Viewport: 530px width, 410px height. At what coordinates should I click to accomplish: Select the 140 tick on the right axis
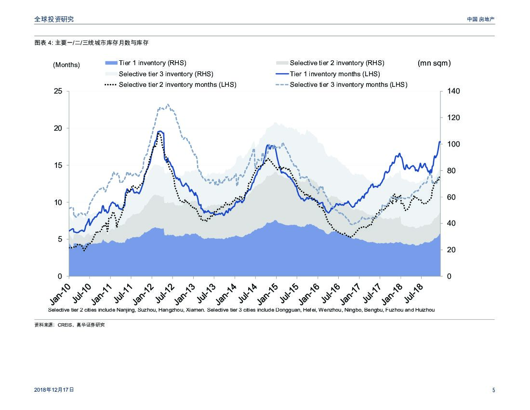[453, 91]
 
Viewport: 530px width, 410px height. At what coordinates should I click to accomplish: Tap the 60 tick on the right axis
[451, 197]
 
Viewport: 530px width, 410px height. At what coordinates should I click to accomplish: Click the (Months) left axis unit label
[66, 65]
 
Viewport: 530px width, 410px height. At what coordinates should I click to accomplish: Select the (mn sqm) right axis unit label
[434, 63]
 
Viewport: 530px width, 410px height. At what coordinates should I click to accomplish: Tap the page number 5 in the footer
[493, 390]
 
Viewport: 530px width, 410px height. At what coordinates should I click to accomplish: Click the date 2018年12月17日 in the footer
[54, 390]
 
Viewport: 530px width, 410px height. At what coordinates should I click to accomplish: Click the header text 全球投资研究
[54, 19]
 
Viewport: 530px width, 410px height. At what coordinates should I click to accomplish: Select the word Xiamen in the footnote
[195, 310]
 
